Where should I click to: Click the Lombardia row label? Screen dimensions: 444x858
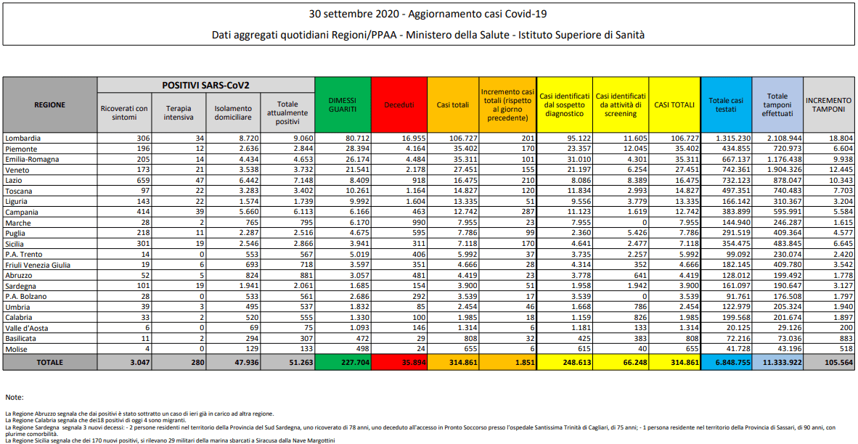coord(23,137)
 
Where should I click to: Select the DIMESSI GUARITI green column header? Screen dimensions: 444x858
coord(342,104)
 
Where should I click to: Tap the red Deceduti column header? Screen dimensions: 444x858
coord(399,104)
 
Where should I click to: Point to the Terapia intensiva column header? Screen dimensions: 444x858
coord(179,112)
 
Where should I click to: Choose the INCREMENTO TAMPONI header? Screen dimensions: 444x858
coord(828,104)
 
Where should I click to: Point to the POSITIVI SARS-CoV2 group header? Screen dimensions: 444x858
coord(205,85)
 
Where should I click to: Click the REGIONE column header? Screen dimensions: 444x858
coord(49,104)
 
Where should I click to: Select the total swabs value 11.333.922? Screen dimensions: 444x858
coord(778,362)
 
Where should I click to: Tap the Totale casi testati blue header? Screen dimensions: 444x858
coord(726,104)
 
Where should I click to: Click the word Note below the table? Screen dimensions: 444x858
coord(14,398)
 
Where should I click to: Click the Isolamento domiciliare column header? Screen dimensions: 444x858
coord(233,112)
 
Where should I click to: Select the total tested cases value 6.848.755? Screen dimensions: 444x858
coord(726,362)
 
